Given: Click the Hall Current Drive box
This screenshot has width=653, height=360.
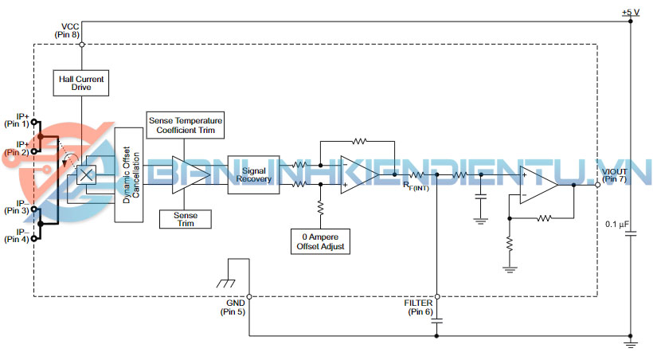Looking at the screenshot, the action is (81, 83).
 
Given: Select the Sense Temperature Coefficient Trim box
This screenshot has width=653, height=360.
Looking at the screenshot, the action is (186, 125).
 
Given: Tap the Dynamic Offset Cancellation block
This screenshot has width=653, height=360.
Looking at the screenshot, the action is (129, 174).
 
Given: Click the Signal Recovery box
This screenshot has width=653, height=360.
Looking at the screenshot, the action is (253, 174).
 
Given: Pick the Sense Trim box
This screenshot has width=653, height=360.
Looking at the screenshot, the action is (186, 219).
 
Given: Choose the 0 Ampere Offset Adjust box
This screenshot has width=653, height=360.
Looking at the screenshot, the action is (320, 241).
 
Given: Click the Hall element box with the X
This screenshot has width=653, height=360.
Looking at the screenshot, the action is (86, 174).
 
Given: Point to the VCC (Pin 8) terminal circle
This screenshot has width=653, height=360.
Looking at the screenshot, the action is (82, 45).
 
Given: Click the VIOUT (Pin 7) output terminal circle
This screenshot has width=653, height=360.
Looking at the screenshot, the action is (597, 184).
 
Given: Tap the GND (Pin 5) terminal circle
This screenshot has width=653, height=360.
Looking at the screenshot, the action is (249, 296).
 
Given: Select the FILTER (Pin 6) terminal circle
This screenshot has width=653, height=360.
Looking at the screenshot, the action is (437, 296).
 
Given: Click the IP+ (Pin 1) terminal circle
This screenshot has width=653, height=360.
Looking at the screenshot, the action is (33, 122).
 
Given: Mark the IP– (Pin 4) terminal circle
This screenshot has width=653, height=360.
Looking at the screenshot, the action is (33, 238).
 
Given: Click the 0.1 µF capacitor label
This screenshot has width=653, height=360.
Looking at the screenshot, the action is (617, 224).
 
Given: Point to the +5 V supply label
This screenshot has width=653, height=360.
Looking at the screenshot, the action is (631, 13).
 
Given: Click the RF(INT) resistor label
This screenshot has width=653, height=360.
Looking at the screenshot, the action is (416, 186).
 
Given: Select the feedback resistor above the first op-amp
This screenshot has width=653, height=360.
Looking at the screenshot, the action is (359, 142).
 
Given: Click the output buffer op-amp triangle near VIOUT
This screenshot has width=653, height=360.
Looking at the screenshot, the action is (539, 185).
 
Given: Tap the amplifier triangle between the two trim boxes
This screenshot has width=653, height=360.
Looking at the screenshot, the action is (192, 175).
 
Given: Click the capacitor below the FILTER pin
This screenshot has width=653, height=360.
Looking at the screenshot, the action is (437, 321).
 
